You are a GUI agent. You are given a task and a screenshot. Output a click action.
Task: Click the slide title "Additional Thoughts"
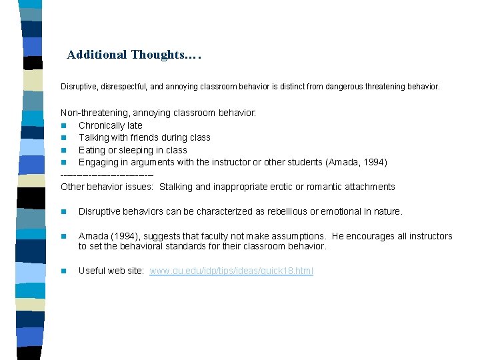pos(133,55)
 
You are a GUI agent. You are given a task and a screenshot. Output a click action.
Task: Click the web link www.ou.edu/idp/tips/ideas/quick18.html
pos(231,271)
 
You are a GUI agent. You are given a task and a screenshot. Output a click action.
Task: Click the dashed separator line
pos(107,175)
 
